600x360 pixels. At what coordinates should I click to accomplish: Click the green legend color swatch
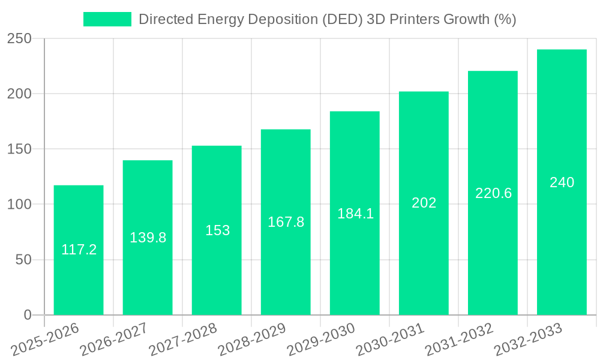107,19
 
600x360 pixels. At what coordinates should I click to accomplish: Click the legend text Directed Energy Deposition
327,19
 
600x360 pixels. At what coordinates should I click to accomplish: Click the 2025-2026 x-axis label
46,339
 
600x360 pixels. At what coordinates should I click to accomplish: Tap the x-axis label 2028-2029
253,339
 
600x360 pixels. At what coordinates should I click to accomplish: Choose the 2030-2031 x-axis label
391,339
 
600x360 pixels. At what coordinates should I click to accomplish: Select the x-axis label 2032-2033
529,339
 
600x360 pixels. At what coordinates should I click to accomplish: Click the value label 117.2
79,250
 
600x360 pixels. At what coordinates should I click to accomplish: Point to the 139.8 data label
148,238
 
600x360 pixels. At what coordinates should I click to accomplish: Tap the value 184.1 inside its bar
355,214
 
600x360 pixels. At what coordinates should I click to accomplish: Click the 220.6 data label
493,193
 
